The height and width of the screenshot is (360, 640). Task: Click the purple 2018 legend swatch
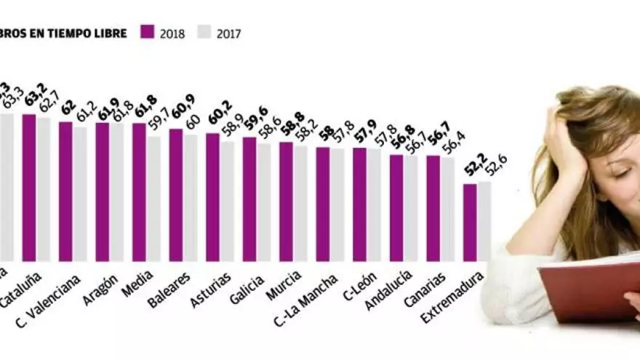pos(148,32)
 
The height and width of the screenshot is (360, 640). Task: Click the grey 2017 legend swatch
pos(203,32)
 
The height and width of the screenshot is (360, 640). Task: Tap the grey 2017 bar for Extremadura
pos(484,221)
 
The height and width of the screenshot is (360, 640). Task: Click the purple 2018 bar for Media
pos(139,192)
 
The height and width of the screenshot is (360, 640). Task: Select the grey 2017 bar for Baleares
pos(190,197)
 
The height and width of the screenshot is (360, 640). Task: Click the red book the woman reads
pos(589,291)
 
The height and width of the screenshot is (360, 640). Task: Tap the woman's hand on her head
pos(564,142)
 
